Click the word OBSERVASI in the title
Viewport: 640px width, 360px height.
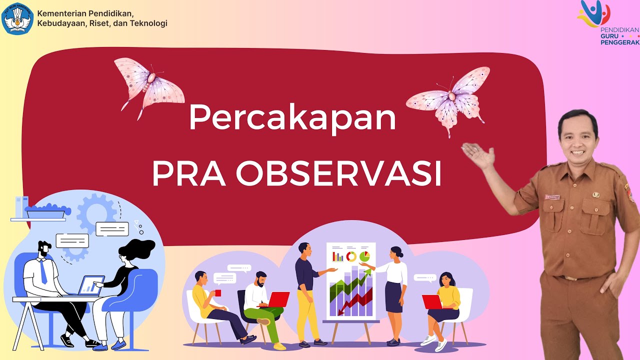pyautogui.click(x=338, y=173)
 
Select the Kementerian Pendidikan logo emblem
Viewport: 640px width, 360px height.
pyautogui.click(x=17, y=18)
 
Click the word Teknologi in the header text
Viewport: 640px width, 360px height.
pyautogui.click(x=149, y=23)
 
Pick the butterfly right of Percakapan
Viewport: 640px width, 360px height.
pyautogui.click(x=449, y=98)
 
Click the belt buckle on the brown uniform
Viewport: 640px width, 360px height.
pyautogui.click(x=567, y=278)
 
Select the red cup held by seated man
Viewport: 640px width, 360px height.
pyautogui.click(x=217, y=293)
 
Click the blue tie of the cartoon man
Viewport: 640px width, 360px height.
pyautogui.click(x=43, y=272)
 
